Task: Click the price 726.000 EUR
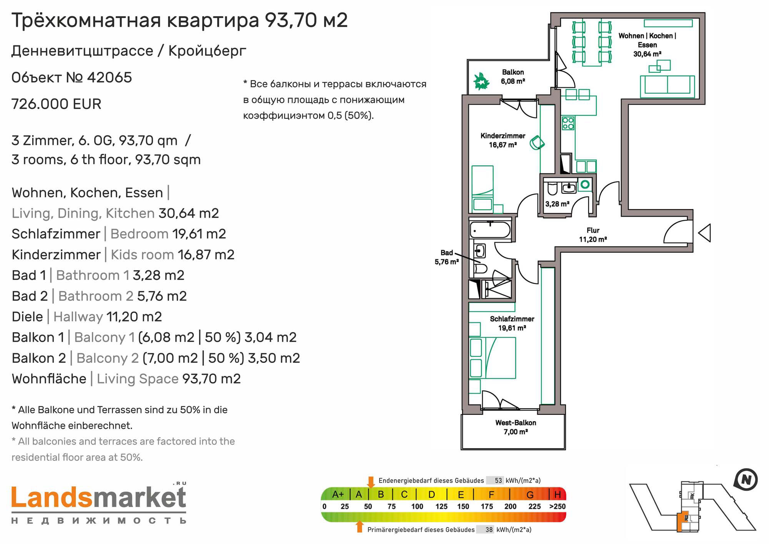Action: click(x=57, y=104)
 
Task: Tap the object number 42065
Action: click(x=110, y=78)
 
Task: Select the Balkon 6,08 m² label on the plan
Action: click(x=513, y=77)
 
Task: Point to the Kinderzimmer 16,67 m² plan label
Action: click(x=503, y=140)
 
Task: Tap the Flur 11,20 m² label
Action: click(x=593, y=235)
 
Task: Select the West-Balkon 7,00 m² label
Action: click(x=516, y=427)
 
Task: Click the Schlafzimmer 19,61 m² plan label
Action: click(x=512, y=323)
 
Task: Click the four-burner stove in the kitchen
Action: click(x=568, y=123)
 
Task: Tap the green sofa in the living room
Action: click(x=667, y=86)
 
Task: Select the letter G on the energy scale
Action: click(x=530, y=494)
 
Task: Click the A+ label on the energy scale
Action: click(x=338, y=494)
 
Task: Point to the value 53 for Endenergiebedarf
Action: click(x=498, y=481)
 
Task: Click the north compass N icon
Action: click(x=746, y=480)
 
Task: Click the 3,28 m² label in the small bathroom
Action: click(x=557, y=204)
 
